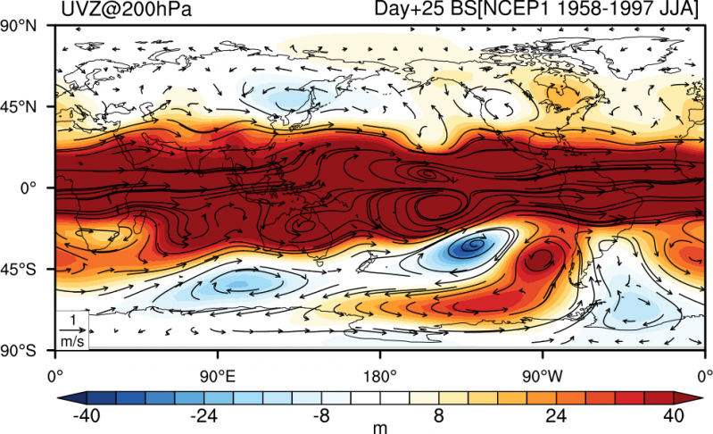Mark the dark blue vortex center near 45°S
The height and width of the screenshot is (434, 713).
[x=475, y=245]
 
